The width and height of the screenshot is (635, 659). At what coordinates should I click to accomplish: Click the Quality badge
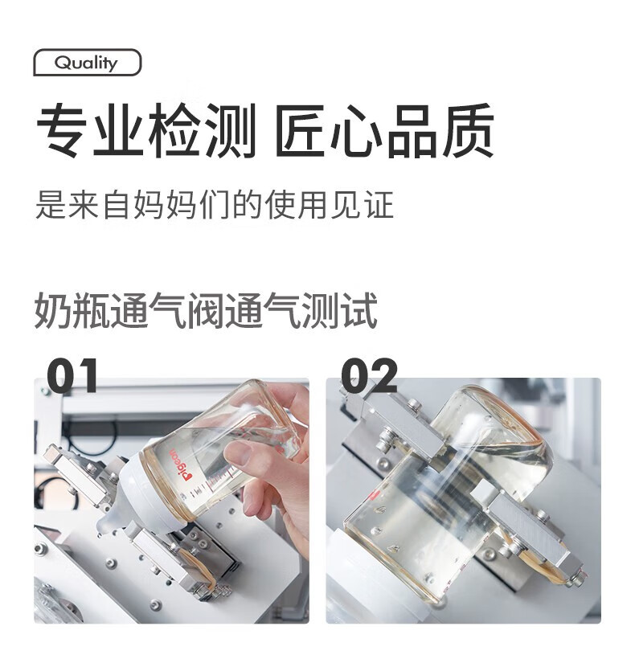88,63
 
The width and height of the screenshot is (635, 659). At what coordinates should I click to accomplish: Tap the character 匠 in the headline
302,131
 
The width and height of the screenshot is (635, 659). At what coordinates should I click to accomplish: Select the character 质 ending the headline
468,131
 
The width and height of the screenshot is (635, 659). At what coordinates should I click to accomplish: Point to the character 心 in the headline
357,131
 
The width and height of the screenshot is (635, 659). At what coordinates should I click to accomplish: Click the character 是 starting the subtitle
51,205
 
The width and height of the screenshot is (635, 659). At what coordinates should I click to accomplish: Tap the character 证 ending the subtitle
380,205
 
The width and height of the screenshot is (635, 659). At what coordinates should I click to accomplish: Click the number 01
72,375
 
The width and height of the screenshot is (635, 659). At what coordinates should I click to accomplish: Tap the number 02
370,375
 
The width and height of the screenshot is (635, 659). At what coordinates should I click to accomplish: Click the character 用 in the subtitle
313,205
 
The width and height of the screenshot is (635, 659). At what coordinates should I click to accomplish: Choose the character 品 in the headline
412,131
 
